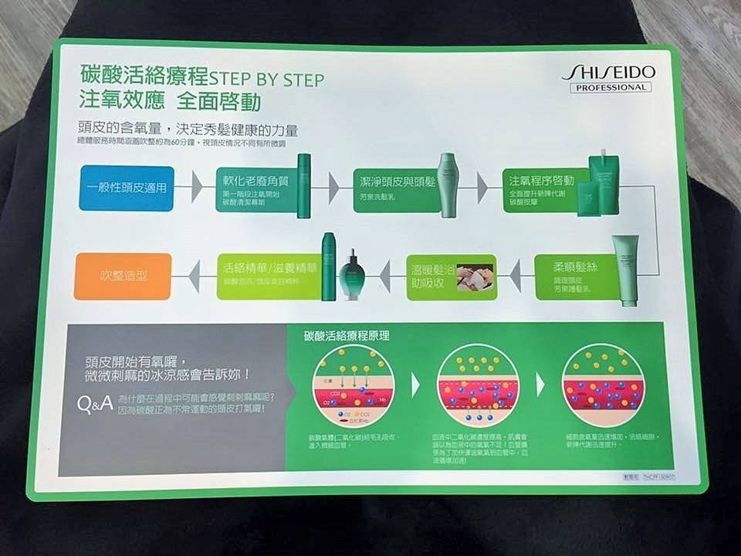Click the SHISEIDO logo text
pos(608,71)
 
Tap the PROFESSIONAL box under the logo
pos(610,87)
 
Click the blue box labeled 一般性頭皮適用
pos(125,187)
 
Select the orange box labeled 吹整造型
pos(123,276)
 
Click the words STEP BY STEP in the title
pos(267,79)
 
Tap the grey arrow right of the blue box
pos(197,187)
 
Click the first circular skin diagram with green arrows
pos(353,386)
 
